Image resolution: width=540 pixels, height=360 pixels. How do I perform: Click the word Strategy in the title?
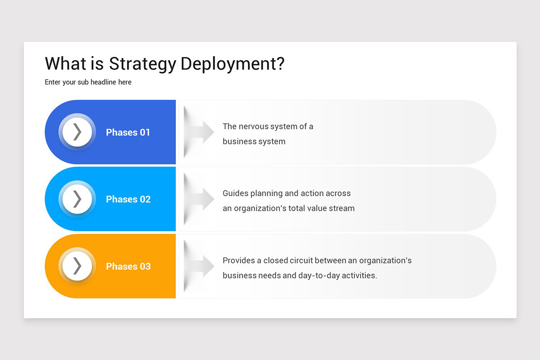(142, 64)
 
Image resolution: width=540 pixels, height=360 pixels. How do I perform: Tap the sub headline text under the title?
(88, 82)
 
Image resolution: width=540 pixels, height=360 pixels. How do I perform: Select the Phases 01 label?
(128, 132)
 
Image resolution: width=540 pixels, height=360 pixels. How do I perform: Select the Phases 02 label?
(128, 199)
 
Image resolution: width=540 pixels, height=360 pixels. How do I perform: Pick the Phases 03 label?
(128, 266)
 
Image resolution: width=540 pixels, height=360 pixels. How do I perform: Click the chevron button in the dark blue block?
(77, 132)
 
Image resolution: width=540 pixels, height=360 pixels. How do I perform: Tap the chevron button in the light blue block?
(77, 199)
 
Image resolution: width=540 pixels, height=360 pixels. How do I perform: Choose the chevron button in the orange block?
(77, 266)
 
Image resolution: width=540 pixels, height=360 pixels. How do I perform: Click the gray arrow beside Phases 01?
(201, 132)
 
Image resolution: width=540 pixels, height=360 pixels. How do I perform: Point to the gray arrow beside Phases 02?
(201, 199)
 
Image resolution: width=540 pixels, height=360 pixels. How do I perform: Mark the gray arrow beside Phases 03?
(201, 266)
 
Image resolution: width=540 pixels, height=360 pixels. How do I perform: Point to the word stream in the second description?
(342, 208)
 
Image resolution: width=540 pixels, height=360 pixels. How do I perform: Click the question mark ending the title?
(280, 64)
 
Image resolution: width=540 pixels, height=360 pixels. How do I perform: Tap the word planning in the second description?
(267, 193)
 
